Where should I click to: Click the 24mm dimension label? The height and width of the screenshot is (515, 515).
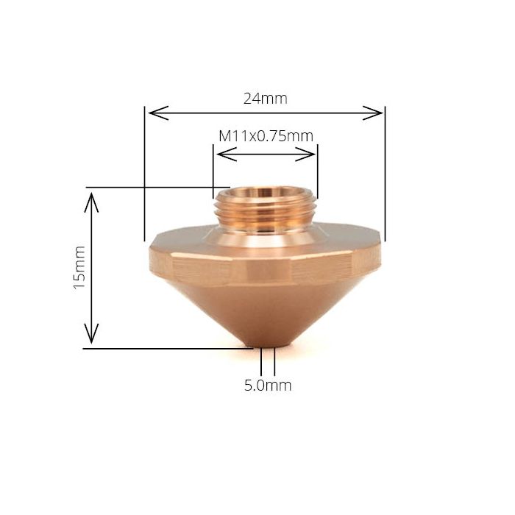265,98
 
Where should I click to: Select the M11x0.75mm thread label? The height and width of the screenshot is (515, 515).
266,136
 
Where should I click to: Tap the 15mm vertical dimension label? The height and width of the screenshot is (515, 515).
79,268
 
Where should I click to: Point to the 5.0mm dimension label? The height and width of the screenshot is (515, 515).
268,385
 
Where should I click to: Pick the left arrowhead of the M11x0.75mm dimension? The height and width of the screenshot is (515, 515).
219,154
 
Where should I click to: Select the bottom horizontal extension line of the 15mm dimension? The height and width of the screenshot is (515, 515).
169,348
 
